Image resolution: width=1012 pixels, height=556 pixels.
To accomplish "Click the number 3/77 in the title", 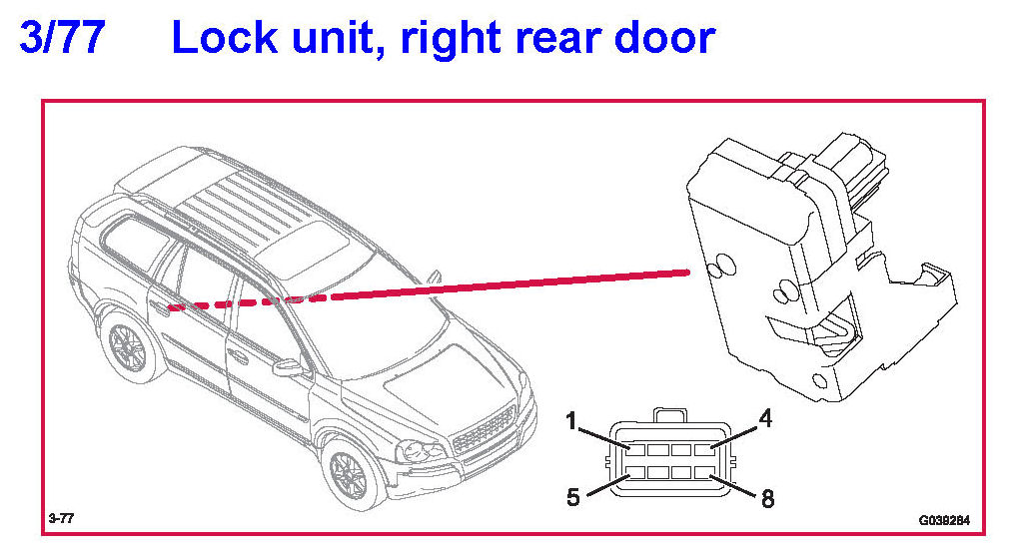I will (63, 39).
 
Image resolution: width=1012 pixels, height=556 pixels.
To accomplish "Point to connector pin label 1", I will (570, 420).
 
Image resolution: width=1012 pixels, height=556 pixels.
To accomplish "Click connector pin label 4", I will (766, 418).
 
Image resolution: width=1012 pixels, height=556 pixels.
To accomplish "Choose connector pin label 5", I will (572, 496).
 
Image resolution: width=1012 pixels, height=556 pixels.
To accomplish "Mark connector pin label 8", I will (767, 498).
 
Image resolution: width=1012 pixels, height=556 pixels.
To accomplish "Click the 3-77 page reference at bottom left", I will (61, 519).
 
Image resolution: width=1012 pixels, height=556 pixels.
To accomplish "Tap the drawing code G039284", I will (944, 520).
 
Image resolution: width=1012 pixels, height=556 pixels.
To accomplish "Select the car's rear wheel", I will (127, 347).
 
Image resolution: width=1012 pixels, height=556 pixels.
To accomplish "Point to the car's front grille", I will (484, 430).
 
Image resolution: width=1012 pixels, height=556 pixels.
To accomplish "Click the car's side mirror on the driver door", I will (288, 368).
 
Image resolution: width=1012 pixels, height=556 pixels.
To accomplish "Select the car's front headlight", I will (421, 448).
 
